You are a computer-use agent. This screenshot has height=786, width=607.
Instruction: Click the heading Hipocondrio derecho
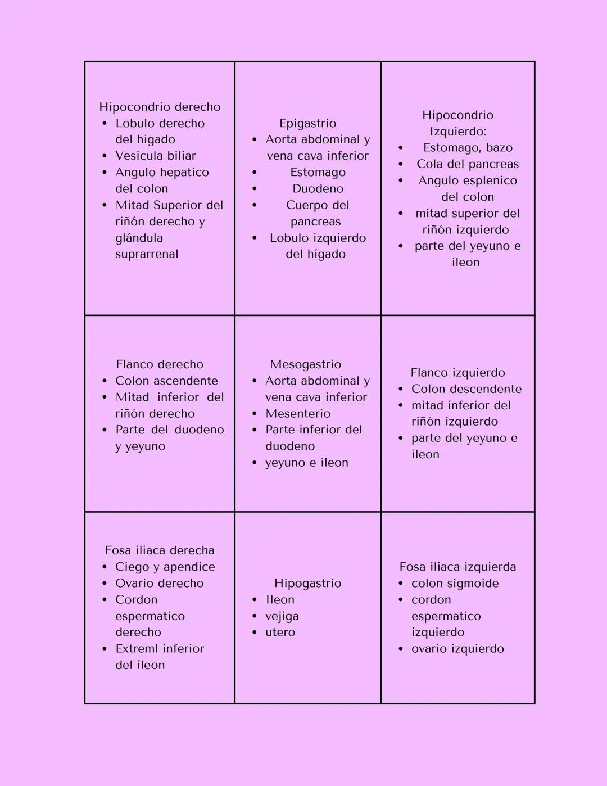pyautogui.click(x=160, y=107)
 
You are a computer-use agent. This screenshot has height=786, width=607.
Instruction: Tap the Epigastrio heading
pyautogui.click(x=307, y=123)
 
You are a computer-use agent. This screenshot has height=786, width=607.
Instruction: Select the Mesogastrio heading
pyautogui.click(x=305, y=364)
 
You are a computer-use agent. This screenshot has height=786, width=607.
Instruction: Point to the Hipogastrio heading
pyautogui.click(x=307, y=583)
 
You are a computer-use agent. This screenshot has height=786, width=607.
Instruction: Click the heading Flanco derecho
pyautogui.click(x=160, y=364)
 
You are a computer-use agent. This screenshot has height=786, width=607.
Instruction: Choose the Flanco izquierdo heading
pyautogui.click(x=457, y=372)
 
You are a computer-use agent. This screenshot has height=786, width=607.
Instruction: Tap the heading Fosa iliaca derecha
pyautogui.click(x=160, y=550)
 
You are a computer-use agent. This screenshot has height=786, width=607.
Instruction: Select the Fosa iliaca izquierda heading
pyautogui.click(x=457, y=567)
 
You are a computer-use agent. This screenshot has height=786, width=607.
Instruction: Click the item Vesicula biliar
pyautogui.click(x=156, y=156)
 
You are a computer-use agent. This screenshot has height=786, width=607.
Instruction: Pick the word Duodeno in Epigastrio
pyautogui.click(x=318, y=189)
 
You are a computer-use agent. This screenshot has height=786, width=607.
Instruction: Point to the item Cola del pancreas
pyautogui.click(x=468, y=164)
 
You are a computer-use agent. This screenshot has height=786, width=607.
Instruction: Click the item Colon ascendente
pyautogui.click(x=166, y=381)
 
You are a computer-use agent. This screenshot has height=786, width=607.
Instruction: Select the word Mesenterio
pyautogui.click(x=298, y=414)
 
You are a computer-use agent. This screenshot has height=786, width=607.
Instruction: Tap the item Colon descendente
pyautogui.click(x=466, y=389)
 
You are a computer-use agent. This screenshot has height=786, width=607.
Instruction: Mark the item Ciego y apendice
pyautogui.click(x=165, y=567)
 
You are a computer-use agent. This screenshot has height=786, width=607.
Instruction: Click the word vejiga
pyautogui.click(x=282, y=616)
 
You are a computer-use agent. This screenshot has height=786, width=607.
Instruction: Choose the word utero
pyautogui.click(x=280, y=633)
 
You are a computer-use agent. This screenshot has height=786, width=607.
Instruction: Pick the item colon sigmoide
pyautogui.click(x=455, y=584)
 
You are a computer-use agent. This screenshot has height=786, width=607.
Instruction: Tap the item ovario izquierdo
pyautogui.click(x=457, y=649)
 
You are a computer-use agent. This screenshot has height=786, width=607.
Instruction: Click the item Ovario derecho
pyautogui.click(x=160, y=584)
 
